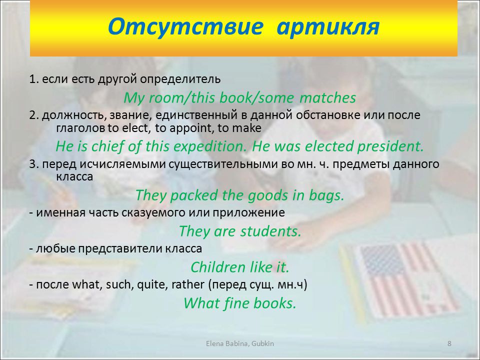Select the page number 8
tap(449, 343)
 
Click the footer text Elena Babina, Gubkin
tap(240, 344)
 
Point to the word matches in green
tap(327, 98)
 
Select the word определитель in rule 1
tap(180, 79)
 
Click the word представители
tap(120, 249)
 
